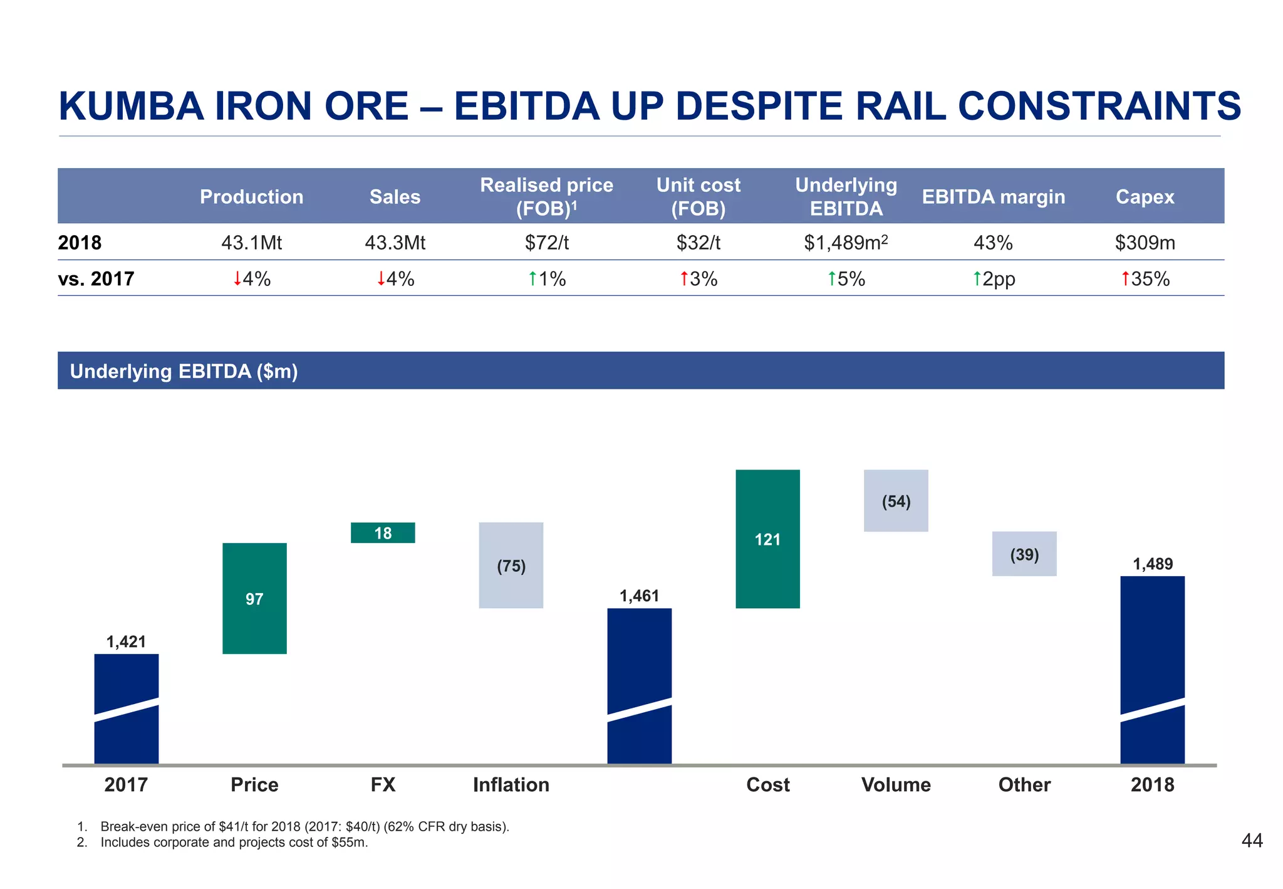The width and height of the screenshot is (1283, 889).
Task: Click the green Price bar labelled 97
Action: coord(254,598)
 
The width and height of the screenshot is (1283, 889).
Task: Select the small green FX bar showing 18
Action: coord(383,533)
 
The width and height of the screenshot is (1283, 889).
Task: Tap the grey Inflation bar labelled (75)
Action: coord(511,565)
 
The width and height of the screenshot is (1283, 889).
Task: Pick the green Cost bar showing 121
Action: coord(767,539)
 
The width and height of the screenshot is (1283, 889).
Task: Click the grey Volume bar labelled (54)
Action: coord(896,501)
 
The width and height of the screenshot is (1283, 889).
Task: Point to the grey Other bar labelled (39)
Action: coord(1024,554)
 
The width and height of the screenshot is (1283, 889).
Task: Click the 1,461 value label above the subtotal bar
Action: coord(639,596)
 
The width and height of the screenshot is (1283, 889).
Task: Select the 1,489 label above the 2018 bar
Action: coord(1153,564)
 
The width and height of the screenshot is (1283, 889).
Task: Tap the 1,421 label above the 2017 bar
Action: coord(126,641)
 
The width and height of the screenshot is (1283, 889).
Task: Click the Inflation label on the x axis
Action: coord(511,784)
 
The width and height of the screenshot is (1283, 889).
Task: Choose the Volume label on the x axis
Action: coord(896,784)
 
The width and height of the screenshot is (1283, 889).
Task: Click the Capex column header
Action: coord(1145,197)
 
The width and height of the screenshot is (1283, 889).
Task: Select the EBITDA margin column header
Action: coord(994,197)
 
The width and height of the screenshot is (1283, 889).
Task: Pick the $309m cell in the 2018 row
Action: coord(1145,243)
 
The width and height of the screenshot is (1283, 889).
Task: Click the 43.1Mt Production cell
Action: coord(251,243)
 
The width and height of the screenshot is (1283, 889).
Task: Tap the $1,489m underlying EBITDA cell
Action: coord(846,243)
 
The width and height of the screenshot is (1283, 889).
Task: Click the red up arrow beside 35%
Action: coord(1126,278)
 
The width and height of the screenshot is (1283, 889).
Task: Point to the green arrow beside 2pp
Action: coord(977,278)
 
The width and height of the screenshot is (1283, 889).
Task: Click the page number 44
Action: coord(1252,841)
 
